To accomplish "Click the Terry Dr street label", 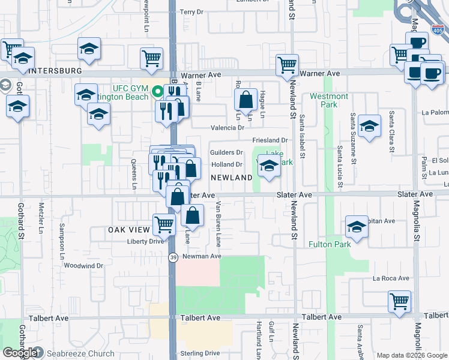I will coord(192,12).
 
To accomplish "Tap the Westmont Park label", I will coord(329,100).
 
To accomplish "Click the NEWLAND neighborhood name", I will coord(231,178).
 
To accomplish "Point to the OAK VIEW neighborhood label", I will coord(128,230).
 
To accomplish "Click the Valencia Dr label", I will coord(228,128).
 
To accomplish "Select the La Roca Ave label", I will coord(391,278).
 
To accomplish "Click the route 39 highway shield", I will coord(172,257).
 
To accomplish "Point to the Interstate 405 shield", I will coord(438,29).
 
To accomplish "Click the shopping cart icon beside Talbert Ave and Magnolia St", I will coord(399,301).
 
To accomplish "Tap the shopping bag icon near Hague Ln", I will coord(246,100).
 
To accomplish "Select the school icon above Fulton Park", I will coord(357,227).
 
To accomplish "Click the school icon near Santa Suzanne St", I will coord(370,126).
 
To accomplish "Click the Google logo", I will coord(20,353).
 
